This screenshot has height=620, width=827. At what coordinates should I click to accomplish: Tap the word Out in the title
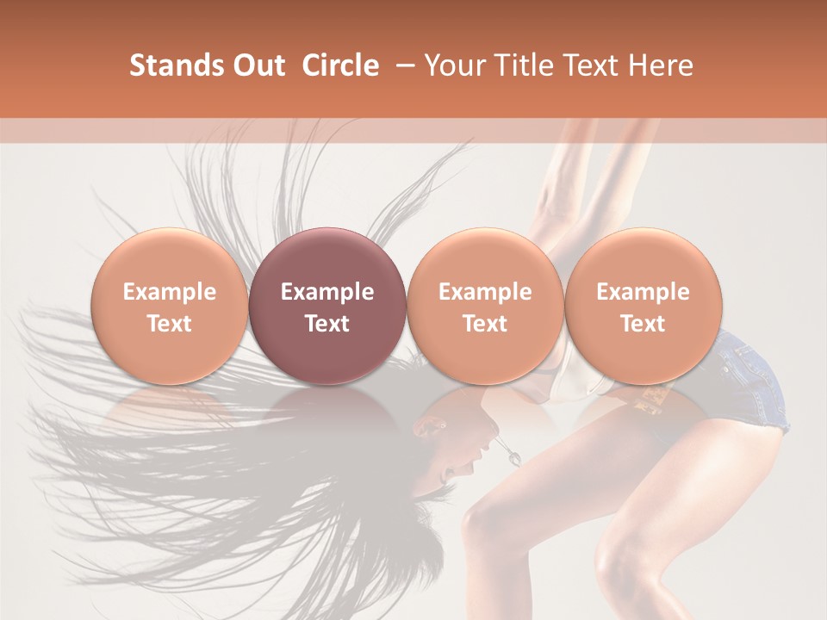coord(257,65)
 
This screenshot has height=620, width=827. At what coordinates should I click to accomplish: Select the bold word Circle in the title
coord(340,65)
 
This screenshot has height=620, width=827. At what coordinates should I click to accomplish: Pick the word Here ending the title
coord(661,65)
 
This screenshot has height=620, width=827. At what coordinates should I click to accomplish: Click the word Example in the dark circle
coord(327,292)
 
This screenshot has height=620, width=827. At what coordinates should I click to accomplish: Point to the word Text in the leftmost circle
coord(170,324)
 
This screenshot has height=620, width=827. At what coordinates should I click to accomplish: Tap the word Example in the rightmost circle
coord(643,292)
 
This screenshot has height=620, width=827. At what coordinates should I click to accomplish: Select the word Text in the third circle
coord(485,324)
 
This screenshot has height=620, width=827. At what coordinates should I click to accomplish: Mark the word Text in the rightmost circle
coord(643,324)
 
